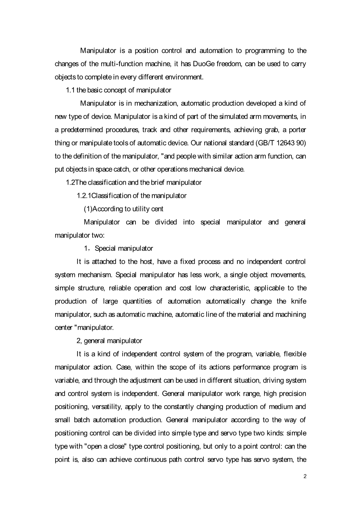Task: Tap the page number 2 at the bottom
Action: [305, 476]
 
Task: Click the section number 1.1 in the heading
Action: [70, 90]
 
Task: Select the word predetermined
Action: [79, 130]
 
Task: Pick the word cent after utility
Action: [157, 209]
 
